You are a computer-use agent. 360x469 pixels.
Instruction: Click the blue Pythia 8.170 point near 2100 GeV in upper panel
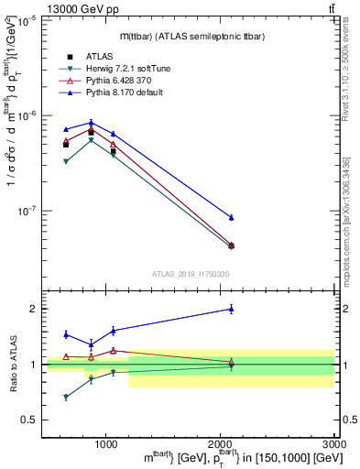point(231,217)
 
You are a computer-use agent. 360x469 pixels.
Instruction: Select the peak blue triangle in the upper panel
point(91,123)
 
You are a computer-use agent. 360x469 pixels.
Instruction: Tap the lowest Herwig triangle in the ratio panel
point(66,397)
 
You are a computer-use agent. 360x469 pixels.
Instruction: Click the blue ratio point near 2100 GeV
point(231,310)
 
